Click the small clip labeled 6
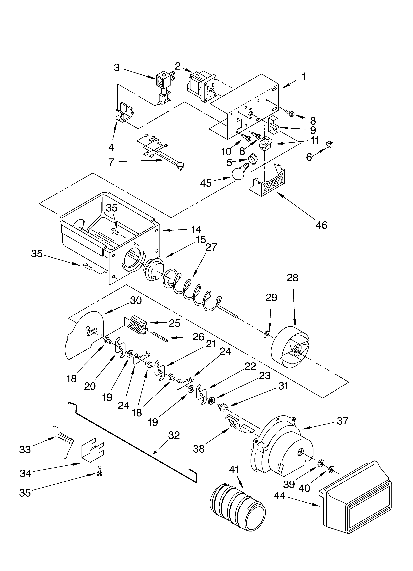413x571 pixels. (329, 145)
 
